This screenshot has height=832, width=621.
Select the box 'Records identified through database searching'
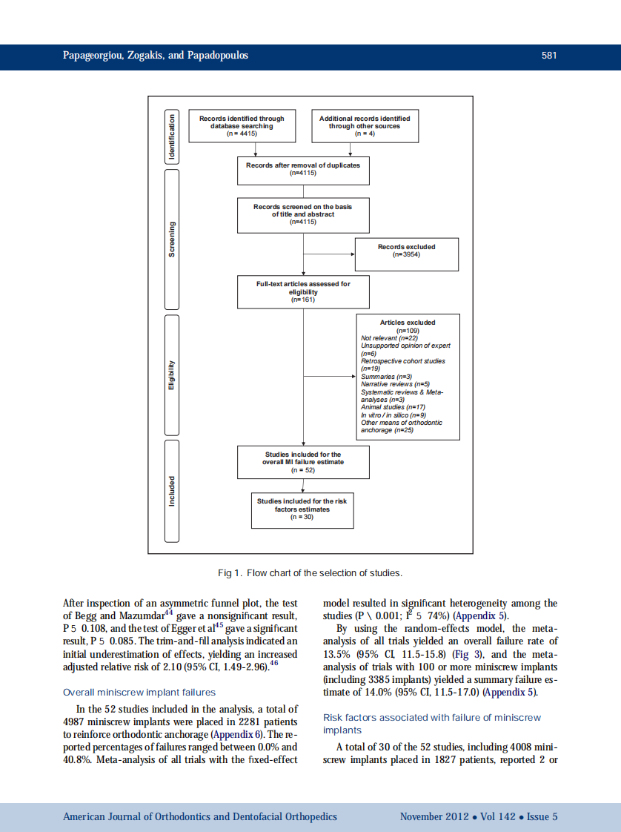242,125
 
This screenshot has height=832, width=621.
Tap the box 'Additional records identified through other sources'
364,125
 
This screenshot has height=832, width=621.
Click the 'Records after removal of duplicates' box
303,169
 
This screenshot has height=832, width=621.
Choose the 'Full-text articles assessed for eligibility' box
303,291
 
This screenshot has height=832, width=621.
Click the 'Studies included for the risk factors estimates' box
302,509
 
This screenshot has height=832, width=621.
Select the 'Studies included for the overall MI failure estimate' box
303,461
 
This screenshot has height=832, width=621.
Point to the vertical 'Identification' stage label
172,136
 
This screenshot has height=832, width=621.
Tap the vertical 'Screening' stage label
172,239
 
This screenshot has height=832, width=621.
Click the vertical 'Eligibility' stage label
172,375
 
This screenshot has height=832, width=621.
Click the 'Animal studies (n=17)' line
392,407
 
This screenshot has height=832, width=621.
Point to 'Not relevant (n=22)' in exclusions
389,337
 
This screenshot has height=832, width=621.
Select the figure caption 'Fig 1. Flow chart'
310,573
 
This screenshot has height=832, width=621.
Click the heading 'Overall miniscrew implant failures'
139,693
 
